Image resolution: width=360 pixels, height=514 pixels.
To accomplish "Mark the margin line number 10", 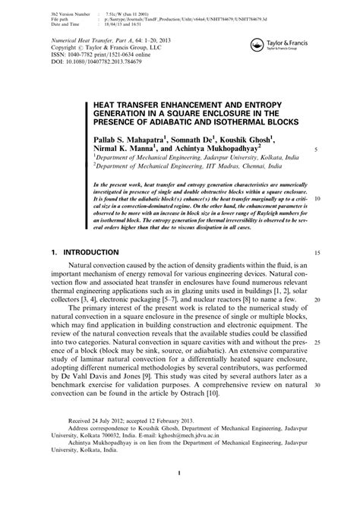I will (317, 200).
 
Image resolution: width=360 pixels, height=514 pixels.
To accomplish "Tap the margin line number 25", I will (317, 342).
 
